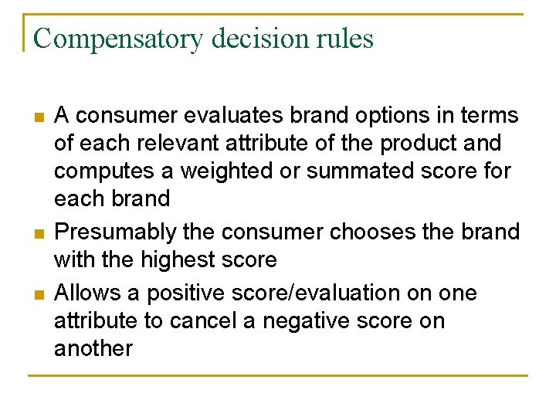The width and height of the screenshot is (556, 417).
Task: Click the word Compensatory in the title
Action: point(118,39)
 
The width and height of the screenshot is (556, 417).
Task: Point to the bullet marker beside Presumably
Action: point(38,233)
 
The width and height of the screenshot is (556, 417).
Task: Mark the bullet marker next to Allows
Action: point(38,295)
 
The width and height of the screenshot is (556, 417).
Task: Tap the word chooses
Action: point(366,232)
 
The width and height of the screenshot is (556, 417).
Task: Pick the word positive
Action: point(186,293)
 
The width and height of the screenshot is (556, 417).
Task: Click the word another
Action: point(93,348)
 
